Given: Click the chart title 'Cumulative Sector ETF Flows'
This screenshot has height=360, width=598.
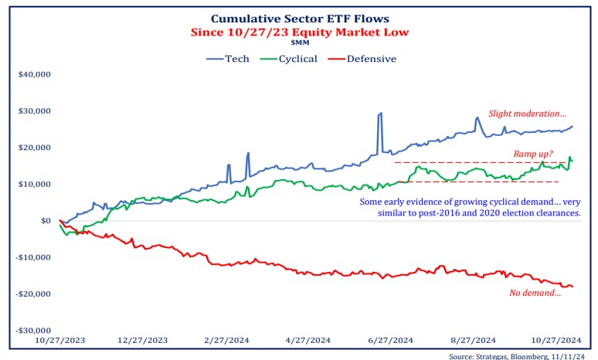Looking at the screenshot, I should point(299,19).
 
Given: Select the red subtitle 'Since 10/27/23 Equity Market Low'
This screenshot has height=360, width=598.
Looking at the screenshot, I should point(299,32).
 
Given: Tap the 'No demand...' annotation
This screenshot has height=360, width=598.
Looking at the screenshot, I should point(535,294).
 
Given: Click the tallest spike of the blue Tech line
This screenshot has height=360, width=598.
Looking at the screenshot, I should point(380,114).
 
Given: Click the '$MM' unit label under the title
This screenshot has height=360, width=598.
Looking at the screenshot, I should point(299,44).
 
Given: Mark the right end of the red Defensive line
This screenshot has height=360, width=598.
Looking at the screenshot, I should point(573,287).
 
